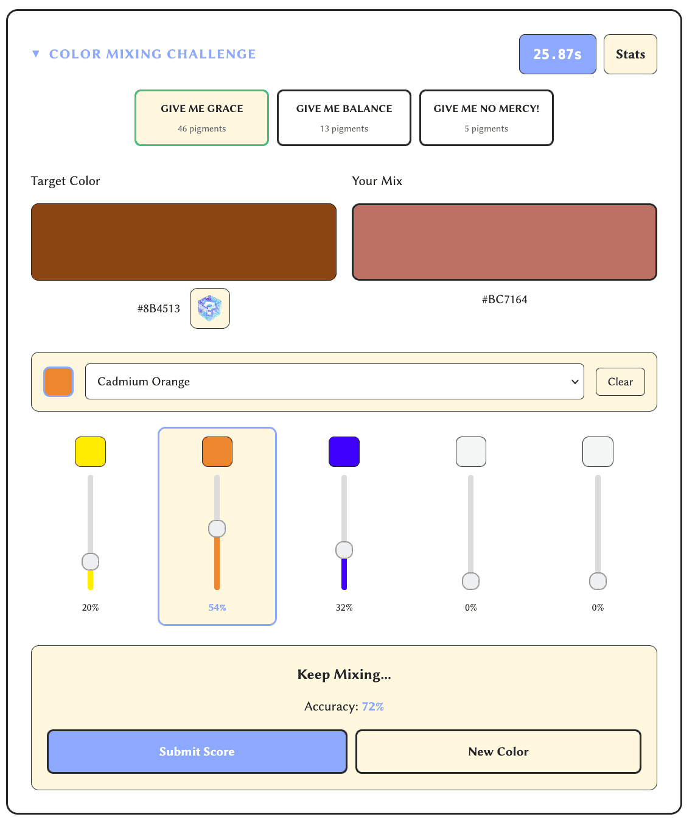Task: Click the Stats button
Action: (630, 54)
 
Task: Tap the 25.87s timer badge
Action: (557, 54)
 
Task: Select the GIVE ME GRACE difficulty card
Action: (201, 118)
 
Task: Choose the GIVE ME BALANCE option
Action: (344, 118)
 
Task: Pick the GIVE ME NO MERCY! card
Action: (486, 118)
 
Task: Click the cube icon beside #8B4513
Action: (209, 308)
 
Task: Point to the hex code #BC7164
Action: (504, 300)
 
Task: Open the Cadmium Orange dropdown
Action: (334, 382)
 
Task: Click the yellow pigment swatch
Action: (90, 452)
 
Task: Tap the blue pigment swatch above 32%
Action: (344, 452)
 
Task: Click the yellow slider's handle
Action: (90, 561)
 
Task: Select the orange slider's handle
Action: (217, 528)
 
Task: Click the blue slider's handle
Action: (344, 550)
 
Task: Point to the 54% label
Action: (217, 608)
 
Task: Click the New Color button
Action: (498, 751)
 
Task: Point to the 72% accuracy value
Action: (372, 706)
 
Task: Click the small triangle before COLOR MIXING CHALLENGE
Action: (36, 54)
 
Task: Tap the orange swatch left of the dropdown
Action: (58, 382)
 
